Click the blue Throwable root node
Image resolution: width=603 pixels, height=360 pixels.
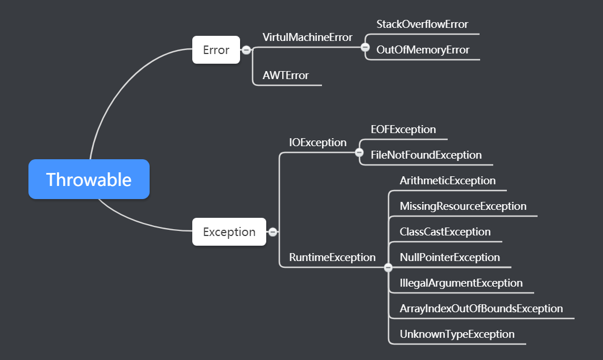tap(89, 179)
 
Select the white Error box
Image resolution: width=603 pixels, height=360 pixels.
tap(216, 50)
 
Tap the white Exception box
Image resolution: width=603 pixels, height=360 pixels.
tap(229, 231)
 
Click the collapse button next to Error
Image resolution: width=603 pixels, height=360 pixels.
tap(246, 50)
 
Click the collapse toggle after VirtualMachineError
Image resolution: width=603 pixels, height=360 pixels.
tap(365, 47)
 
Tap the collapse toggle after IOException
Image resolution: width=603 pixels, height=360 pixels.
tap(359, 152)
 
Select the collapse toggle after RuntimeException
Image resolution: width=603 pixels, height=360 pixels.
tap(389, 267)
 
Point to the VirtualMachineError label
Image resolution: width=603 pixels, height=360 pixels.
tap(307, 37)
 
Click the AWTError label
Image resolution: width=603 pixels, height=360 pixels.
tap(286, 75)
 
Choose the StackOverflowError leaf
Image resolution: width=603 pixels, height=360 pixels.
tap(422, 24)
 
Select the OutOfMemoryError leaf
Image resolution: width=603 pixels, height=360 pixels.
tap(423, 50)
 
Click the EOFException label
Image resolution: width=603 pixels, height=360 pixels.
tap(403, 129)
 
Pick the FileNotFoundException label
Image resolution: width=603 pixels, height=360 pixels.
tap(426, 155)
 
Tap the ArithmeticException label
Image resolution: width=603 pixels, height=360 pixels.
tap(448, 180)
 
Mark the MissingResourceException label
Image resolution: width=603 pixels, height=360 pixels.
tap(463, 206)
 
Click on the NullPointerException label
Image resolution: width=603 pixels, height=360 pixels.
tap(449, 257)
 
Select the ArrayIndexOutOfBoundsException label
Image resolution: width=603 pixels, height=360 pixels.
tap(481, 308)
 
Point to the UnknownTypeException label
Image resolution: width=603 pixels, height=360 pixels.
tap(457, 334)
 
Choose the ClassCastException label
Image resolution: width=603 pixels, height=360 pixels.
tap(445, 231)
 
